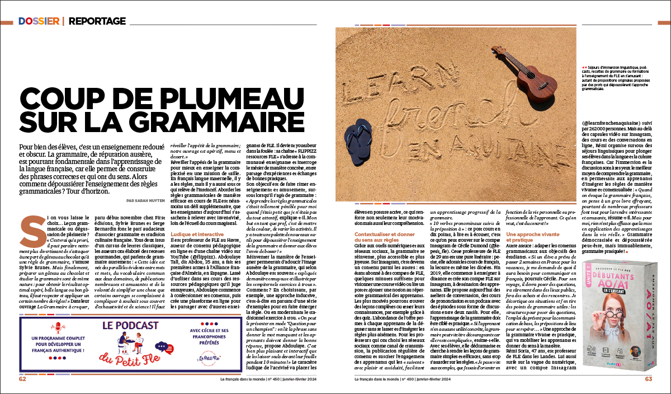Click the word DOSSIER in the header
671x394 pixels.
pos(39,21)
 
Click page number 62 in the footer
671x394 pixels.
pos(23,379)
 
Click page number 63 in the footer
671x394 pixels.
pos(648,379)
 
